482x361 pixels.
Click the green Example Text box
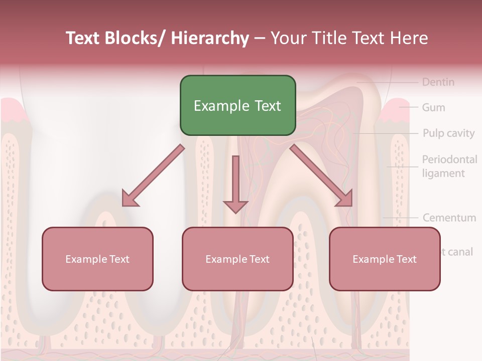click(237, 106)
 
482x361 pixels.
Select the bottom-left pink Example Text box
click(97, 259)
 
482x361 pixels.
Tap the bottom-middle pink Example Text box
click(237, 259)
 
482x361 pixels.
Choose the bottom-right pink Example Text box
click(385, 259)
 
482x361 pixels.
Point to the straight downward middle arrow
click(235, 184)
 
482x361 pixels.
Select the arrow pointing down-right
click(322, 175)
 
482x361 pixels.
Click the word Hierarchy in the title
click(210, 38)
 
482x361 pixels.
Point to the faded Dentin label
click(438, 82)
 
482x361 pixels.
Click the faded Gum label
click(433, 107)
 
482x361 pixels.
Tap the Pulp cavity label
click(448, 133)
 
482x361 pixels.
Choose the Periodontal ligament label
click(449, 166)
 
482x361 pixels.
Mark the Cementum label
click(449, 218)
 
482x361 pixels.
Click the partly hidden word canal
click(458, 252)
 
